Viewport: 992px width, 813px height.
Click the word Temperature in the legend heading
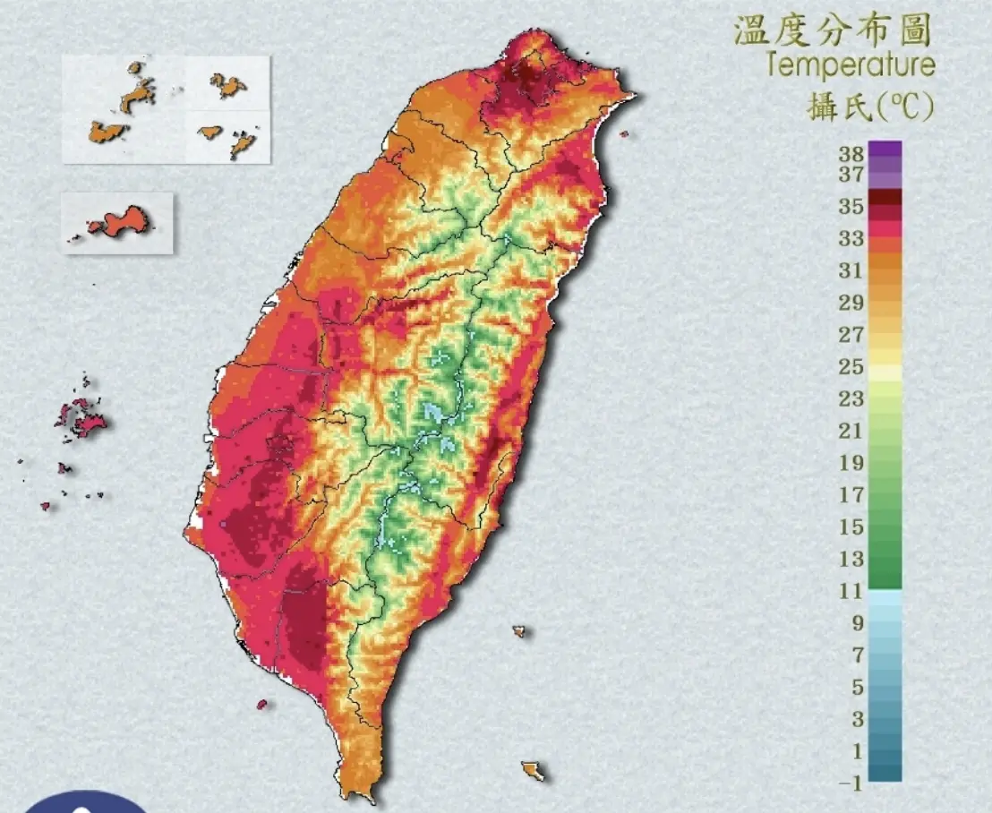851,65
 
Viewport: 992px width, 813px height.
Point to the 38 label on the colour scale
851,152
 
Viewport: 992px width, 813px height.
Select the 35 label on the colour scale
851,207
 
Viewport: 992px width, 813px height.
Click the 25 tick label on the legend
851,367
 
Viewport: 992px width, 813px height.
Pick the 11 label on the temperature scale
851,591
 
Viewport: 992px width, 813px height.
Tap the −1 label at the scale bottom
851,783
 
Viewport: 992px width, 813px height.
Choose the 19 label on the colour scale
851,463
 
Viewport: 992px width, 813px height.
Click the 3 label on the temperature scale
857,719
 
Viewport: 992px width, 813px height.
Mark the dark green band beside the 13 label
885,563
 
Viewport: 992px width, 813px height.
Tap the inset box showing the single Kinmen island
117,223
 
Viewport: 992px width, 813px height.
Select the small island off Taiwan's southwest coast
262,704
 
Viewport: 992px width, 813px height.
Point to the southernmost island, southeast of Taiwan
534,770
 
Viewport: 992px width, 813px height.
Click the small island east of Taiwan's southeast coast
518,630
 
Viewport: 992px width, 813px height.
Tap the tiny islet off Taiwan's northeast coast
623,134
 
